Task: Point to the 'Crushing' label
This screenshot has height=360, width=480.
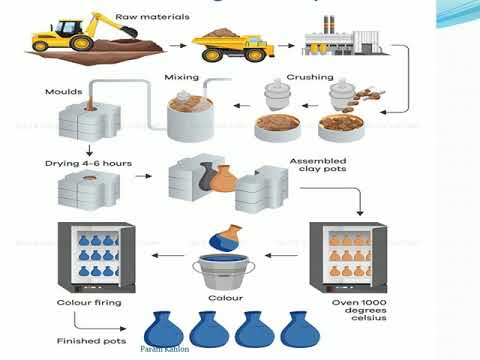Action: (x=310, y=76)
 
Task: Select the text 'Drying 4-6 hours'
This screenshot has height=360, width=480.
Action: (x=82, y=163)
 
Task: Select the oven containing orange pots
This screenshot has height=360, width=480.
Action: (x=346, y=255)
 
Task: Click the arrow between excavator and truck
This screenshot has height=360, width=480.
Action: (x=177, y=45)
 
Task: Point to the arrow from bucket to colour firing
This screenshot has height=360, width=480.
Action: (x=171, y=255)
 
